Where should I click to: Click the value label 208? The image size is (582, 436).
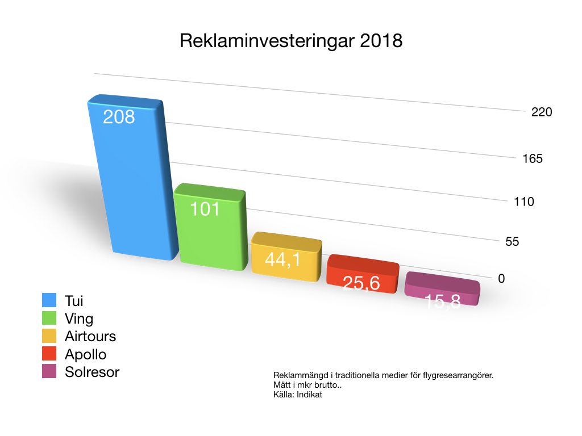(119, 117)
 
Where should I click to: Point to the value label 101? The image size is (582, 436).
(205, 209)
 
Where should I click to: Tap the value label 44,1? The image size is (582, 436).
(283, 261)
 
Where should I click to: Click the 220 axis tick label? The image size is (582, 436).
(542, 112)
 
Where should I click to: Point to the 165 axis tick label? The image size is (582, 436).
(533, 158)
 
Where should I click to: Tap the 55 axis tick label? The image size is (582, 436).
(512, 242)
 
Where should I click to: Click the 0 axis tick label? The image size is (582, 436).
(501, 279)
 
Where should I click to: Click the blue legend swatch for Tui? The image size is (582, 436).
(49, 301)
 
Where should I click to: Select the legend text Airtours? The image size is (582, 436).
(90, 336)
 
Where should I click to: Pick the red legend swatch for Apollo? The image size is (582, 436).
(49, 354)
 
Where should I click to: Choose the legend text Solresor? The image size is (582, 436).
(92, 372)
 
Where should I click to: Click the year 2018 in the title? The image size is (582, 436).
(381, 41)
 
